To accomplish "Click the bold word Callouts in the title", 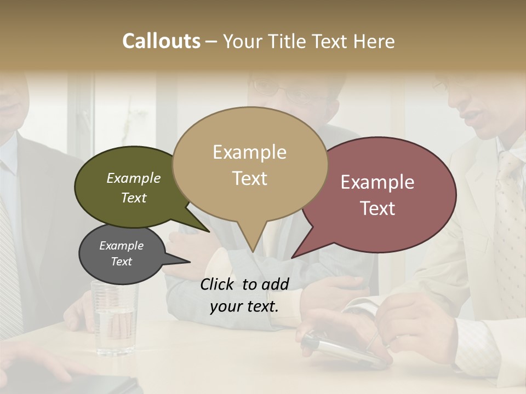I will click(x=161, y=41).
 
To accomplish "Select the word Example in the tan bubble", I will click(x=249, y=152).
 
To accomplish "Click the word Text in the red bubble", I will click(x=378, y=208).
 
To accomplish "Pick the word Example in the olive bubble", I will click(x=134, y=178).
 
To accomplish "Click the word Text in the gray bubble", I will click(x=122, y=262).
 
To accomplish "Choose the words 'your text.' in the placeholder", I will click(x=244, y=306).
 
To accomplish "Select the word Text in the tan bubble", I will click(x=249, y=178).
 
